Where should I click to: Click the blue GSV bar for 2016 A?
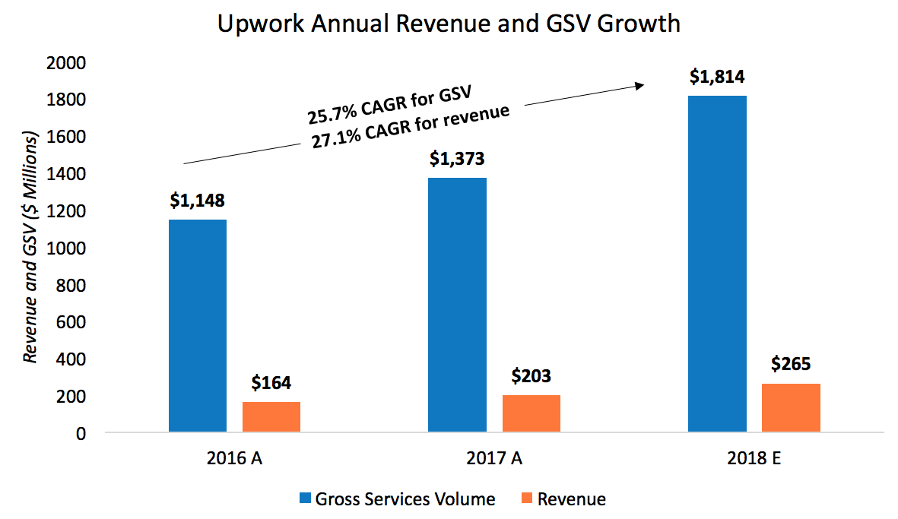[198, 326]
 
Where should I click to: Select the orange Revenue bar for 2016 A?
[271, 417]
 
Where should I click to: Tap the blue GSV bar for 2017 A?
[457, 305]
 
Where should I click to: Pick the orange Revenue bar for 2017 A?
[531, 413]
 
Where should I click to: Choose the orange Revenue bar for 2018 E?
[791, 408]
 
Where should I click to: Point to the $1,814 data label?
[717, 77]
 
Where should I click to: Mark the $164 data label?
[271, 383]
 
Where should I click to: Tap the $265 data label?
[791, 365]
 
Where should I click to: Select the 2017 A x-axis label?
[494, 460]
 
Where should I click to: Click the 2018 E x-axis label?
[754, 460]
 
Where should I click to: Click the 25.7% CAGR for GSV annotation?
[389, 106]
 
